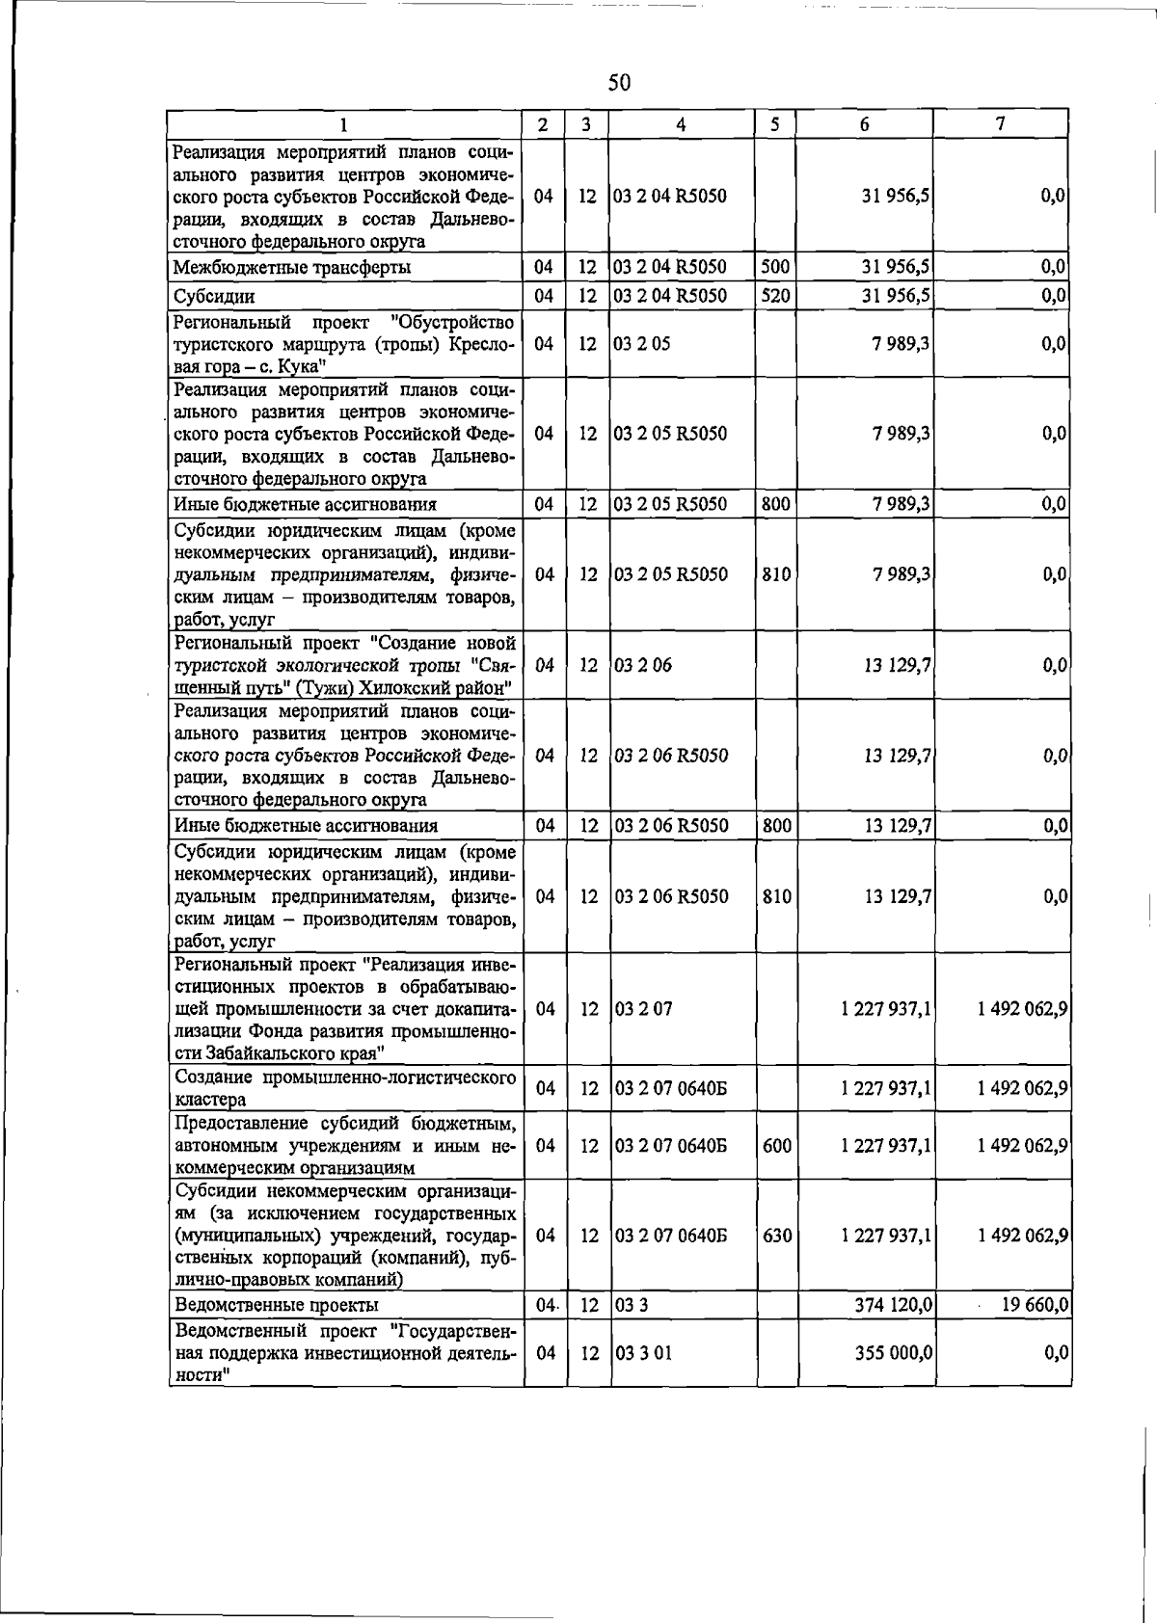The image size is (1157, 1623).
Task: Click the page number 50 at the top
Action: pyautogui.click(x=619, y=83)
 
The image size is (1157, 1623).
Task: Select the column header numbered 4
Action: pyautogui.click(x=681, y=124)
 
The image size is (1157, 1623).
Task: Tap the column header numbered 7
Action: pyautogui.click(x=1001, y=123)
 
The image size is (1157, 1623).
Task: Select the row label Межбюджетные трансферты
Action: pyautogui.click(x=291, y=268)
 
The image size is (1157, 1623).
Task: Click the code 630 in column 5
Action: pyautogui.click(x=776, y=1236)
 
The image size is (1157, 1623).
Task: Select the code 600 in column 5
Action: pyautogui.click(x=776, y=1146)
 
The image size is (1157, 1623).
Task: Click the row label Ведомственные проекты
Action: pyautogui.click(x=276, y=1305)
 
